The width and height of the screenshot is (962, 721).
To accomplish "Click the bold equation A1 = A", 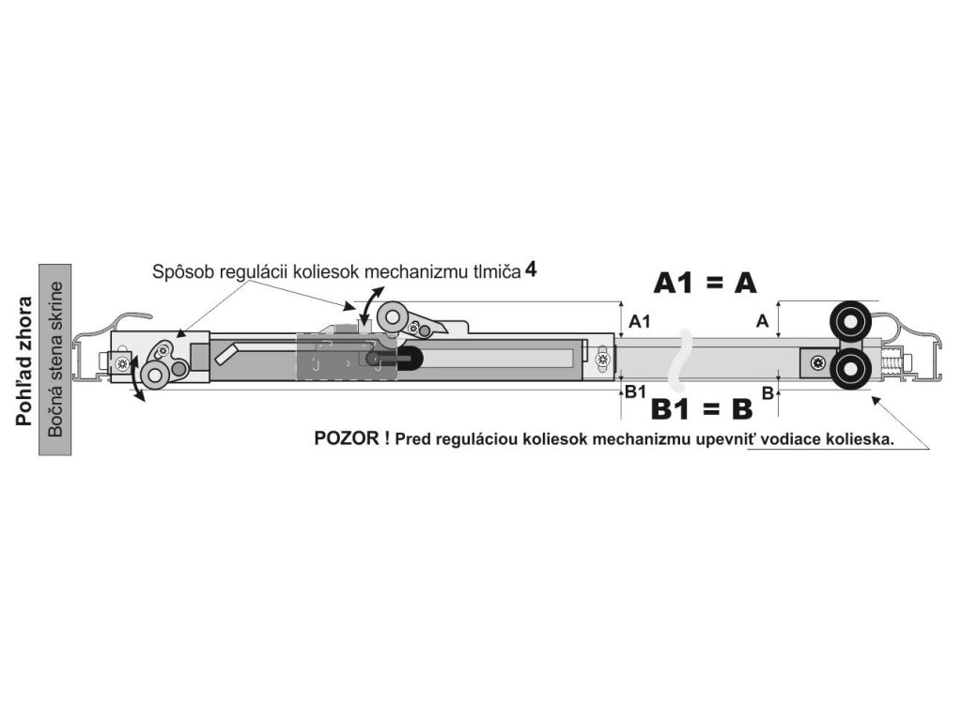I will click(x=705, y=283).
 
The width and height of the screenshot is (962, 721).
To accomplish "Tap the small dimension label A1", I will click(x=640, y=321).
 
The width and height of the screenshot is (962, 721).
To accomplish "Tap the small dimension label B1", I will click(x=636, y=391).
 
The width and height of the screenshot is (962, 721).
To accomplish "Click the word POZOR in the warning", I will click(x=346, y=438).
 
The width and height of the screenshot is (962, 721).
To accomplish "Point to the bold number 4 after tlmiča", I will click(x=532, y=269).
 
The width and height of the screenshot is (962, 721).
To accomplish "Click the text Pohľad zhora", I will click(x=24, y=361).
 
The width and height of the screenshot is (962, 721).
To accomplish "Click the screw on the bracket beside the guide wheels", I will click(x=819, y=361).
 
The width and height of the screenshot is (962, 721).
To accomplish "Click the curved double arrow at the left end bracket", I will click(x=138, y=381).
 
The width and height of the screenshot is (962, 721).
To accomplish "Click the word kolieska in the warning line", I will click(x=861, y=439).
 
